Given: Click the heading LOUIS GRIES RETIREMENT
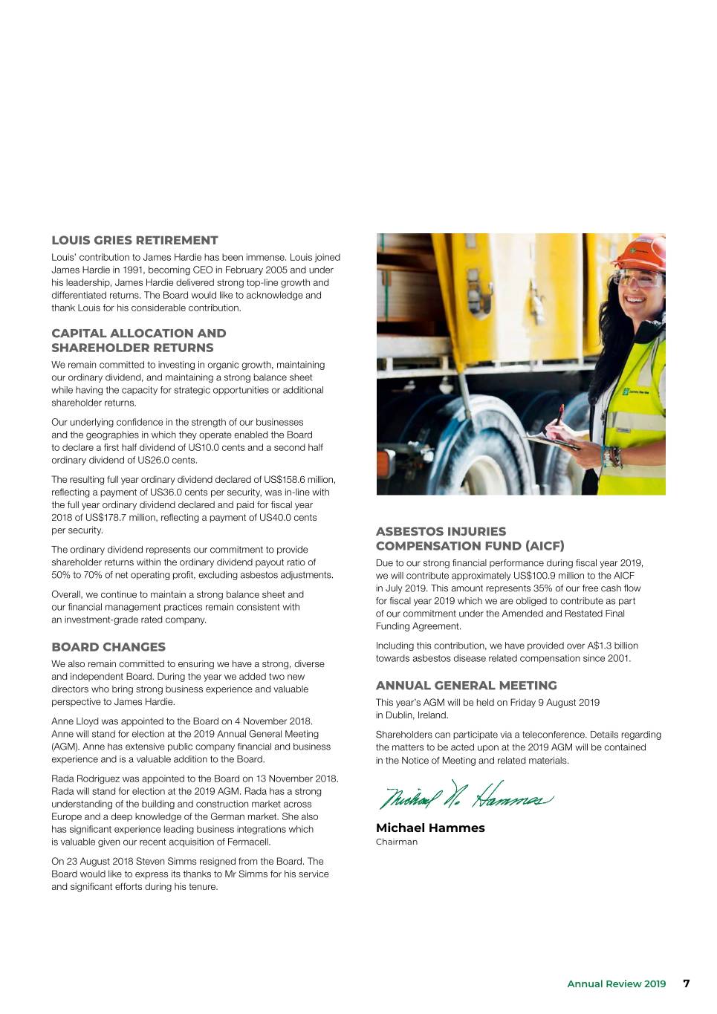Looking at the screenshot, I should [x=134, y=241].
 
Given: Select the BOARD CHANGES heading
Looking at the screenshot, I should [x=108, y=647].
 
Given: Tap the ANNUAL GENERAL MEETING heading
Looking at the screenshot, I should [x=466, y=686].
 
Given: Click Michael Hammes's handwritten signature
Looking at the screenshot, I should [x=465, y=796].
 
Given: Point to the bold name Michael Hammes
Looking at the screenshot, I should [x=430, y=828].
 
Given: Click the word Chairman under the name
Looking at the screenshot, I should [x=397, y=842].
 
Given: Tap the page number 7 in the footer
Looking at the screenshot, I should [x=687, y=984].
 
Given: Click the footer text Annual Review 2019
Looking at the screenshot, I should [x=616, y=984].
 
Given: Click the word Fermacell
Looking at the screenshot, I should [x=249, y=842].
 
